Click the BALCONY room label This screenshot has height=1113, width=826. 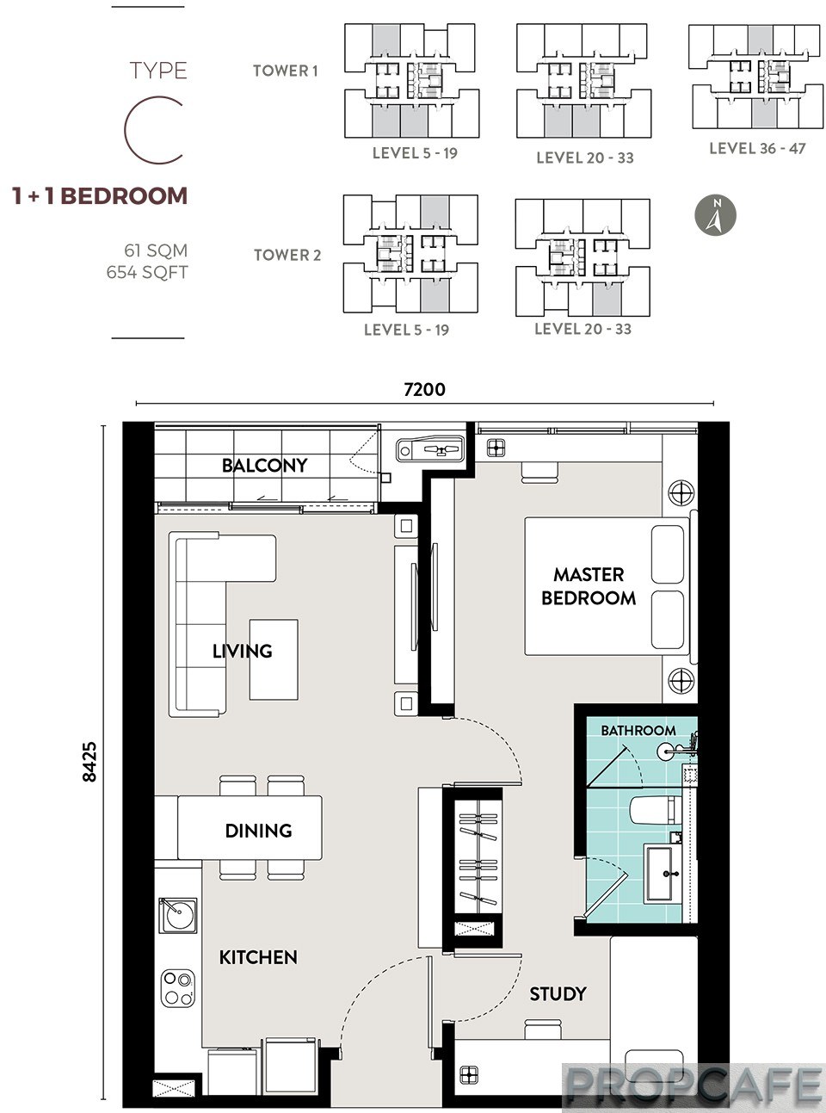tap(264, 465)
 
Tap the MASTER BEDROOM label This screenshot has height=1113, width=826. tap(589, 586)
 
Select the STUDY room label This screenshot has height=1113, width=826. tap(558, 993)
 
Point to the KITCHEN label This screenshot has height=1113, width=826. tap(258, 957)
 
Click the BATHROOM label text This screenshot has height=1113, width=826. tap(638, 730)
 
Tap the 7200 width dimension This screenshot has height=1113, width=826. tap(424, 389)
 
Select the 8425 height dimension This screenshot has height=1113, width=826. tap(89, 762)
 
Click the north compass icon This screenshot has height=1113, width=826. tap(715, 216)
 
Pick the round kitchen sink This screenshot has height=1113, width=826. tap(177, 916)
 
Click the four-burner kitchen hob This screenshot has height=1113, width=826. tap(178, 987)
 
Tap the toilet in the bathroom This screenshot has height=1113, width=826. tap(656, 810)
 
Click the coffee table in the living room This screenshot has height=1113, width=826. tap(274, 659)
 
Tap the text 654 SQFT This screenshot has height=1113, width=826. tap(147, 273)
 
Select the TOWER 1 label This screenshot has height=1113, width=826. tap(286, 71)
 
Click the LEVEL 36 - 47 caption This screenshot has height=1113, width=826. tap(757, 149)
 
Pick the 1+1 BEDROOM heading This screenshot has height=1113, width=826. tap(100, 195)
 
